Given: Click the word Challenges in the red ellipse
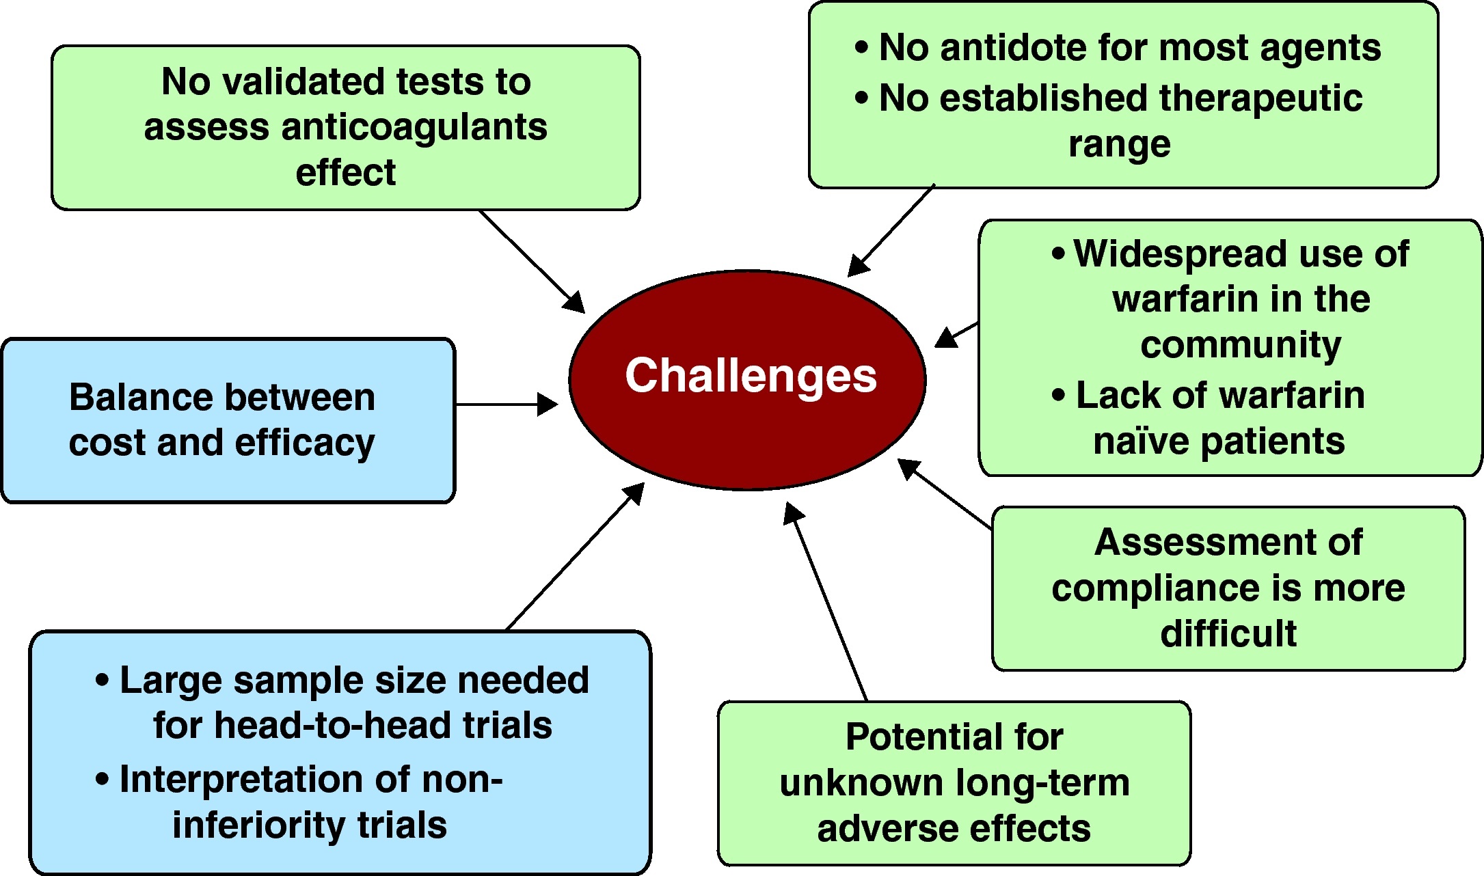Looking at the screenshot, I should [751, 376].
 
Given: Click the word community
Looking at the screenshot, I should [1241, 345].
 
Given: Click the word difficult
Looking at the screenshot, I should [1228, 633].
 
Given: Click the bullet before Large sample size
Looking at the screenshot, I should [103, 681].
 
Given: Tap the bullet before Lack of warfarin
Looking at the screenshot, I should [1059, 396].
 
